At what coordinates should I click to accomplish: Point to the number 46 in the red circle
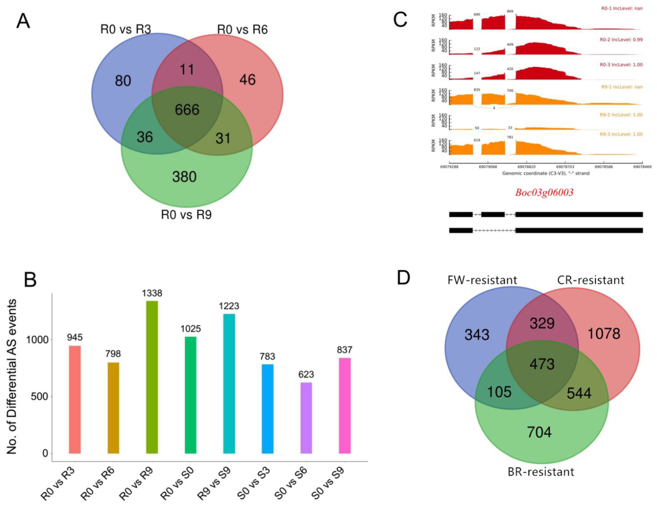(x=248, y=80)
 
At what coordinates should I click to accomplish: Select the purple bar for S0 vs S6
(x=306, y=418)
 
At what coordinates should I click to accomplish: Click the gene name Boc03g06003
(x=544, y=192)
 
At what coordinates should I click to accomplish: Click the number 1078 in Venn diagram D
(x=604, y=334)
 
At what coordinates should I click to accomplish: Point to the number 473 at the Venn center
(x=542, y=364)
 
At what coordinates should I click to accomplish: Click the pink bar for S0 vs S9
(x=345, y=406)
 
